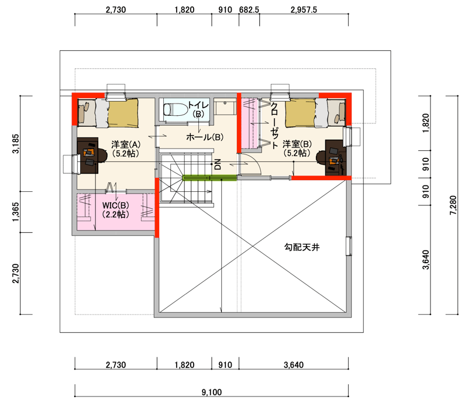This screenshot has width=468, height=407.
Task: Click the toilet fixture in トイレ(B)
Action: [x=175, y=109]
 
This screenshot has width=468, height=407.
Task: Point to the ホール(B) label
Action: [x=205, y=137]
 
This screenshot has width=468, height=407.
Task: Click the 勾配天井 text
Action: [x=302, y=247]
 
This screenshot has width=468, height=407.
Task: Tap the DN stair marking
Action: [x=218, y=164]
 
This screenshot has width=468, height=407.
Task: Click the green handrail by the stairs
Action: [x=209, y=178]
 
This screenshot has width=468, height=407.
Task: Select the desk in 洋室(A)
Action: [x=88, y=156]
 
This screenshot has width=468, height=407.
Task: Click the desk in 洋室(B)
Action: [x=336, y=157]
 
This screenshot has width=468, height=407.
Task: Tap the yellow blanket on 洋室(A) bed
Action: [x=123, y=113]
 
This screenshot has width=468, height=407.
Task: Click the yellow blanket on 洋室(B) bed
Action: [x=300, y=114]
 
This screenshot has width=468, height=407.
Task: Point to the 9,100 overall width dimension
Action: [x=212, y=392]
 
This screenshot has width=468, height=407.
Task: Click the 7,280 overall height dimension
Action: [x=453, y=205]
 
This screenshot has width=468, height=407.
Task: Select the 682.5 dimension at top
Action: [x=249, y=10]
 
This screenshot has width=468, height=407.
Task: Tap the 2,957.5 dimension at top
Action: [x=304, y=10]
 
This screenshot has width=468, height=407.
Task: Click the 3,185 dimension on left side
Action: [x=16, y=143]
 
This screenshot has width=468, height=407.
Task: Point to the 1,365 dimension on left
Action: [x=16, y=212]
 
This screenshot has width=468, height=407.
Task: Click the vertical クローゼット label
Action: [x=274, y=125]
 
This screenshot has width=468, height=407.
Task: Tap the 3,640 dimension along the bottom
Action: [x=294, y=365]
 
